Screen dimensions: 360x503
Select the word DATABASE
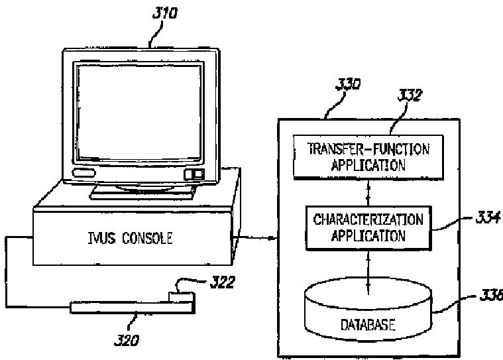[x=368, y=326]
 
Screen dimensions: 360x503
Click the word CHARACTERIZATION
[x=368, y=219]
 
